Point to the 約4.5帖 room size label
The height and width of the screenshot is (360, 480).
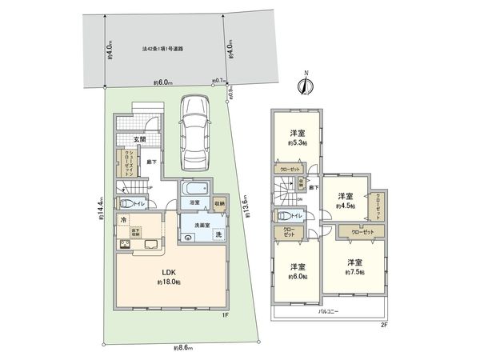coord(345,204)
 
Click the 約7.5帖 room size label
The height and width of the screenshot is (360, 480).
coord(355,272)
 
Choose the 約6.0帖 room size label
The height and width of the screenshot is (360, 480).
coord(297,277)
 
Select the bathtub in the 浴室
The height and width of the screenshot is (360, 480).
coord(194,192)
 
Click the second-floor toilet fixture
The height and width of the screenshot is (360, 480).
coord(281,215)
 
